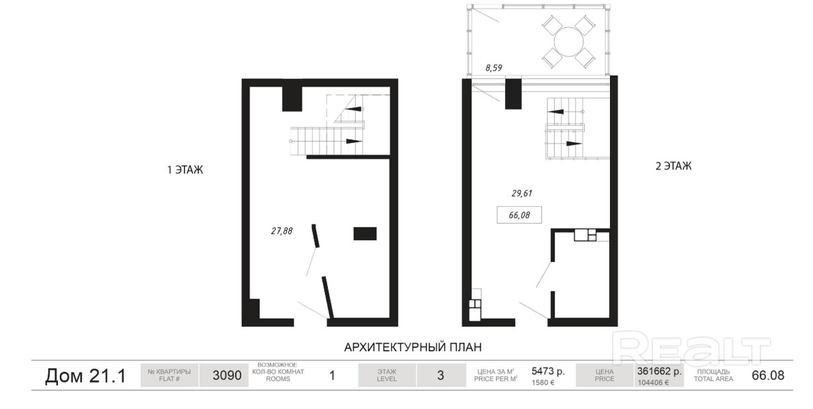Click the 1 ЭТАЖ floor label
(185, 170)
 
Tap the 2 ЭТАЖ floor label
(673, 166)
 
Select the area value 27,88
(281, 231)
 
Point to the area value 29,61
(522, 194)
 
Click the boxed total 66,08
(519, 215)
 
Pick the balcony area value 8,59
(493, 68)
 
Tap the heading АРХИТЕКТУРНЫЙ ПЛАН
(413, 347)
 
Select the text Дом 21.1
(86, 376)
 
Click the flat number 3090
(227, 376)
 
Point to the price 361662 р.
(660, 371)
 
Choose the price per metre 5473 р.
(548, 371)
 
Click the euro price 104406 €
(653, 383)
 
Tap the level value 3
(441, 376)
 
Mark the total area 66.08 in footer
(768, 376)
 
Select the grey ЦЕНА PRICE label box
(604, 376)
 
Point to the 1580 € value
(542, 383)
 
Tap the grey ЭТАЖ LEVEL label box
(387, 376)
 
